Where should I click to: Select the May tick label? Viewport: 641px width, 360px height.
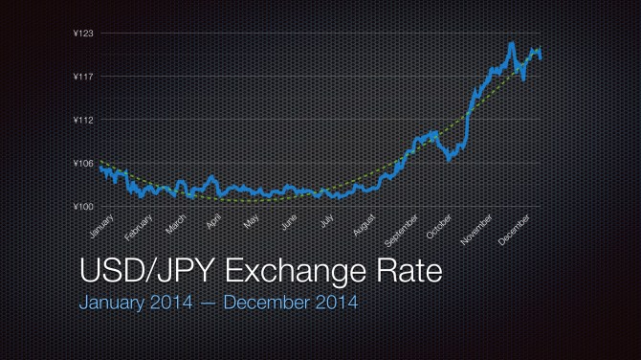coord(251,223)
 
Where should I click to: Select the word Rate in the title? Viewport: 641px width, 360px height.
coord(414,274)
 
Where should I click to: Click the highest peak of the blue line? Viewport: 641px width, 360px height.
coord(512,44)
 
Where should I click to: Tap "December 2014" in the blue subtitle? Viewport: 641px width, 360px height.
coord(298,304)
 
